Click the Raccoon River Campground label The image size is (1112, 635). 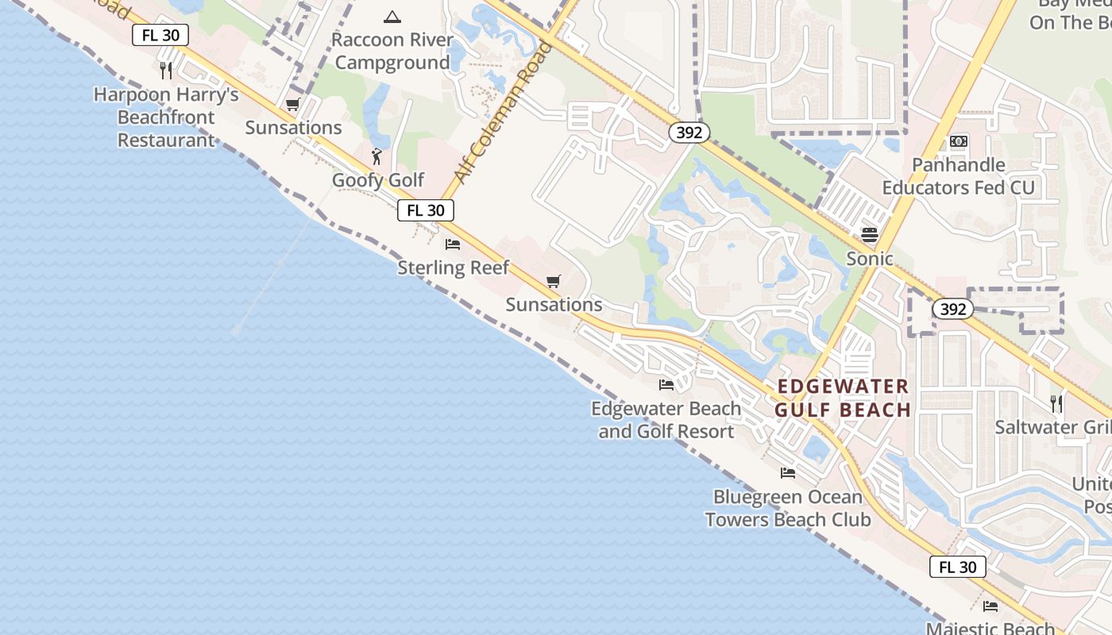coord(392,51)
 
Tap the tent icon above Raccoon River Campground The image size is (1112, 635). coord(392,17)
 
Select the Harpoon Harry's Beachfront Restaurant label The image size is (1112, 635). coord(166,117)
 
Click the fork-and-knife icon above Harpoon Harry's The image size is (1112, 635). coord(166,70)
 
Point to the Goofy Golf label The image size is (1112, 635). coord(378,180)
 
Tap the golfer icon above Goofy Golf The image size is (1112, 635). coord(377,156)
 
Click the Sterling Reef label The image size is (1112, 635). coord(454,267)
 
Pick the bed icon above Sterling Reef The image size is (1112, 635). coord(453,244)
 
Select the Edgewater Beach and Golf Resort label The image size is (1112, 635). coord(666,420)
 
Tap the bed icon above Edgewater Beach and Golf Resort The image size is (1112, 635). coord(666,385)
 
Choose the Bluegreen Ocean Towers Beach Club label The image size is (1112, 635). coord(788,508)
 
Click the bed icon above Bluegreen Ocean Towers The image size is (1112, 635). coord(788,473)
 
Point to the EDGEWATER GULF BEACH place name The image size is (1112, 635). coord(843,398)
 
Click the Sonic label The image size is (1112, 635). coord(870,259)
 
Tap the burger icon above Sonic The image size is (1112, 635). coord(870,235)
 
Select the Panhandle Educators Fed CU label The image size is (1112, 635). coord(959,176)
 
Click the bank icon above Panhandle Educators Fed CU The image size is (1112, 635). coord(959,141)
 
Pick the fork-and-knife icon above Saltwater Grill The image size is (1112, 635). coord(1056,404)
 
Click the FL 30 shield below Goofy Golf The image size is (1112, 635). coord(426,210)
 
